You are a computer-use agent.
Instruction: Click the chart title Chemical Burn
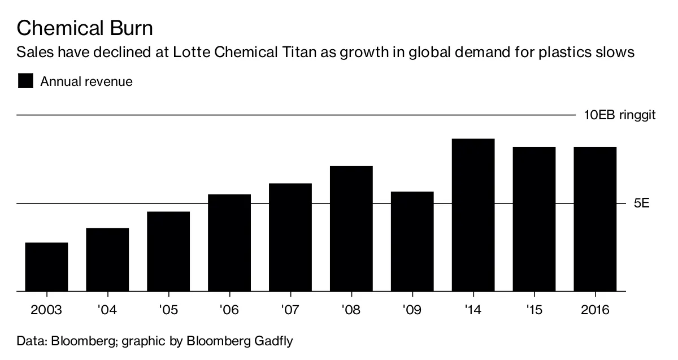tap(85, 28)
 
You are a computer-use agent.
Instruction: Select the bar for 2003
tap(46, 267)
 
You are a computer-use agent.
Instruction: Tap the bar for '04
tap(107, 259)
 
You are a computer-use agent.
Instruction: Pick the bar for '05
tap(168, 251)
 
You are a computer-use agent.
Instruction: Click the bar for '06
tap(229, 243)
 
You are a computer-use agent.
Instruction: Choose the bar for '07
tap(290, 237)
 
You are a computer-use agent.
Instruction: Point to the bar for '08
tap(351, 229)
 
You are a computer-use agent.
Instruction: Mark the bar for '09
tap(412, 241)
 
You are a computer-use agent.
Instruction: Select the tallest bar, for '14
tap(473, 215)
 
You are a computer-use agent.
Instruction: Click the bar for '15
tap(534, 219)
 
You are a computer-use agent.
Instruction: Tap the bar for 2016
tap(596, 219)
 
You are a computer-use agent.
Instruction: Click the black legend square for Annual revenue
tap(26, 81)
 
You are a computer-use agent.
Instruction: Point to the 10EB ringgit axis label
tap(619, 115)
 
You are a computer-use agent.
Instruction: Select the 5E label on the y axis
tap(641, 203)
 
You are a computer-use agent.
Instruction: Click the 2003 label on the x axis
tap(46, 310)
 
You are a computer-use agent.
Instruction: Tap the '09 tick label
tap(412, 310)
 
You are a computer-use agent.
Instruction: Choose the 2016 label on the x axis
tap(596, 310)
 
